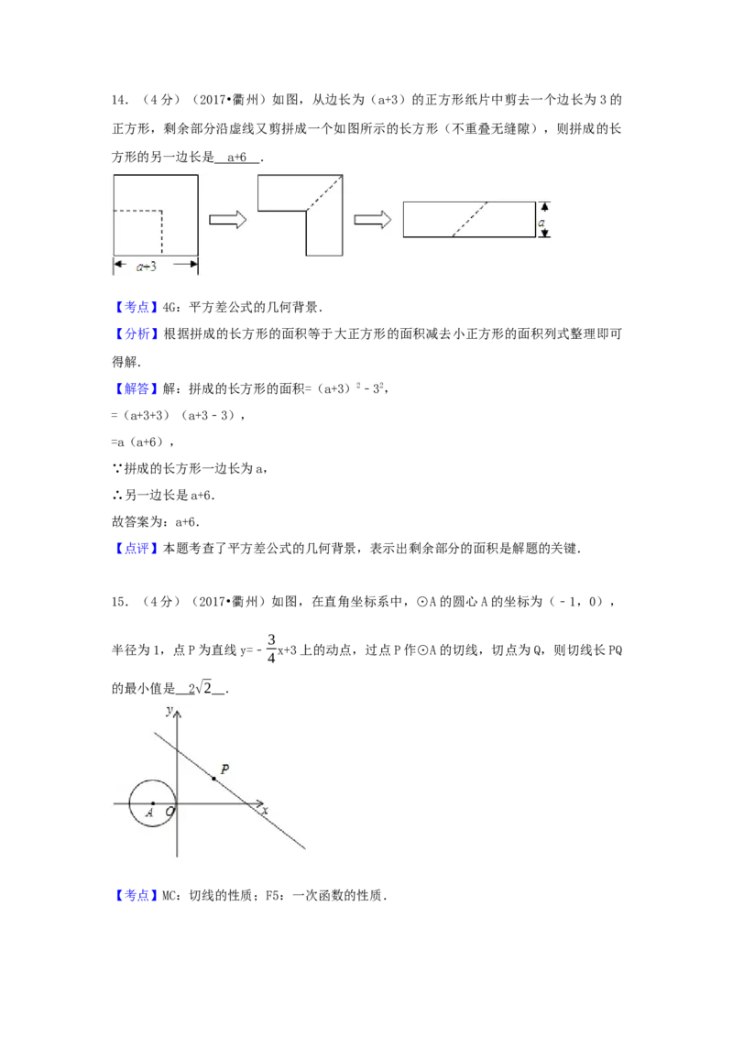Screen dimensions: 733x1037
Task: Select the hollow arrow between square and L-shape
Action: pyautogui.click(x=228, y=220)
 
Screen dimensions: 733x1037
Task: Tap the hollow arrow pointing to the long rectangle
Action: pyautogui.click(x=373, y=220)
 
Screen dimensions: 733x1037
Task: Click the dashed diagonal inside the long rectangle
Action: pyautogui.click(x=470, y=219)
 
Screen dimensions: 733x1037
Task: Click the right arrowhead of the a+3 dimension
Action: pyautogui.click(x=194, y=265)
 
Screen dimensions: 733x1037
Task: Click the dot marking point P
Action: pyautogui.click(x=213, y=779)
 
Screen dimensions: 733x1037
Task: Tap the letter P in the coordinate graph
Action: pyautogui.click(x=224, y=770)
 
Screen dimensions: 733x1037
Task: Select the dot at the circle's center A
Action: pyautogui.click(x=152, y=802)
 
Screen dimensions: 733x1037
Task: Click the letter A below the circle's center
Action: pyautogui.click(x=150, y=813)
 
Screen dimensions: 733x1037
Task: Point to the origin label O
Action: pyautogui.click(x=170, y=812)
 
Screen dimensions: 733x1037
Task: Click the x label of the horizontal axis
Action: pyautogui.click(x=265, y=812)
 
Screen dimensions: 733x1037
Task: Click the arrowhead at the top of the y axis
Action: pyautogui.click(x=177, y=713)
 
